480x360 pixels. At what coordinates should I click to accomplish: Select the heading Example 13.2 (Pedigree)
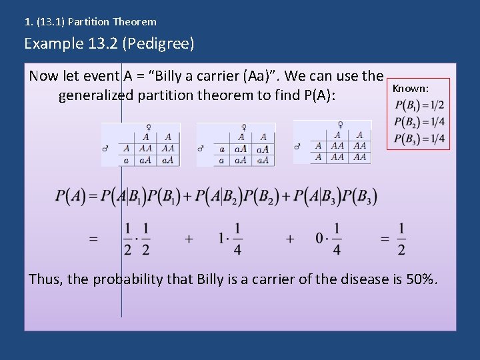(x=109, y=44)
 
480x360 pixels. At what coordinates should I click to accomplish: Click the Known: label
(x=410, y=88)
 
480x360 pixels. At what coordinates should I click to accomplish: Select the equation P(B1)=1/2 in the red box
(x=419, y=105)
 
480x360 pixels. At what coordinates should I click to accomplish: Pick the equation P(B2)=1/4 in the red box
(x=419, y=121)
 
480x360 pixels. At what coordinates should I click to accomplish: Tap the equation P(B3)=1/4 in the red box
(x=419, y=138)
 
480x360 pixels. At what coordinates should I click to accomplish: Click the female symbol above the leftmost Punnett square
(x=158, y=127)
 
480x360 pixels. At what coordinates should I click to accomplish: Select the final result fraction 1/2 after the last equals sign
(x=401, y=239)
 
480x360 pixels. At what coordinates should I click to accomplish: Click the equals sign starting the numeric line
(x=93, y=239)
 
